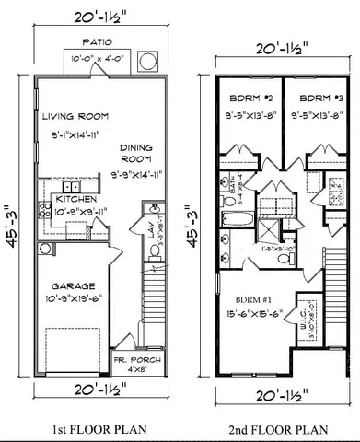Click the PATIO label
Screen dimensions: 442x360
(x=97, y=41)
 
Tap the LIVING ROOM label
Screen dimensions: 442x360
(x=75, y=117)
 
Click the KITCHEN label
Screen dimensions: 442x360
(x=73, y=198)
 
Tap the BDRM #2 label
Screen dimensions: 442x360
(x=246, y=97)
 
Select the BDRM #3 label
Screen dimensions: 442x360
(x=315, y=97)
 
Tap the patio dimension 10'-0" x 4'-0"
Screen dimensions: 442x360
(x=97, y=60)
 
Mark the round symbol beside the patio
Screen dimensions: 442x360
(x=146, y=62)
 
